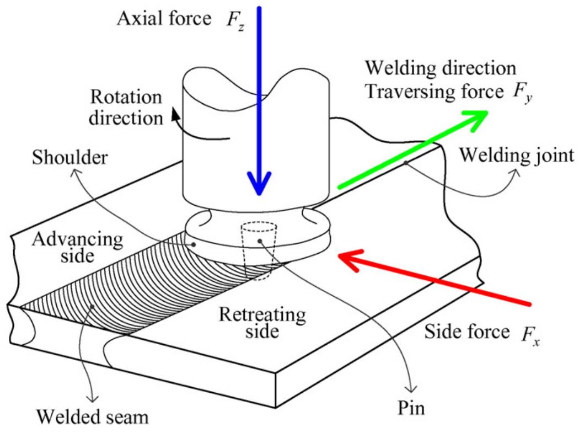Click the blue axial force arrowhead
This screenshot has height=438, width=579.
pyautogui.click(x=259, y=183)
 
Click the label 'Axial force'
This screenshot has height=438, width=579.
pyautogui.click(x=164, y=18)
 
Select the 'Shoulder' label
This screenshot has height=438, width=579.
pyautogui.click(x=70, y=158)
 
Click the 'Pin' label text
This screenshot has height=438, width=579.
pyautogui.click(x=411, y=408)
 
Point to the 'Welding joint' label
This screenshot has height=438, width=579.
pyautogui.click(x=517, y=156)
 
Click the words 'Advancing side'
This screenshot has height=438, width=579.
pyautogui.click(x=78, y=247)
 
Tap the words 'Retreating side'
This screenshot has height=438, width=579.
pyautogui.click(x=262, y=323)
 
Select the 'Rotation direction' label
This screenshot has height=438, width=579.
pyautogui.click(x=126, y=108)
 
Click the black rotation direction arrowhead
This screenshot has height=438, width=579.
pyautogui.click(x=175, y=115)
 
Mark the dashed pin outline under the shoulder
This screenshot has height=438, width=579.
pyautogui.click(x=259, y=251)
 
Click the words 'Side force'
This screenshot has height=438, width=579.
pyautogui.click(x=467, y=332)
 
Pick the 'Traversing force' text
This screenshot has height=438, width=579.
pyautogui.click(x=435, y=92)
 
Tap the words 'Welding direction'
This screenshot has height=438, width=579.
pyautogui.click(x=441, y=68)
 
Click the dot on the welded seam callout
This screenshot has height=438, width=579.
pyautogui.click(x=92, y=307)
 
